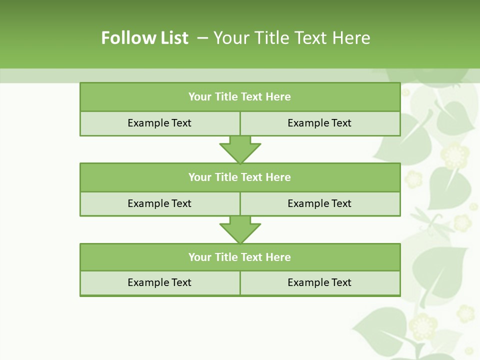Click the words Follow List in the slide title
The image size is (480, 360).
144,38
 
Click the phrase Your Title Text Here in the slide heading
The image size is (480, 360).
291,38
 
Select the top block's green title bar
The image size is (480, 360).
240,97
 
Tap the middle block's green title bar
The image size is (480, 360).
240,177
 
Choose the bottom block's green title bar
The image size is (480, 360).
240,257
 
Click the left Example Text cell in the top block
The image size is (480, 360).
159,123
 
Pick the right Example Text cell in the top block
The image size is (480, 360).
319,123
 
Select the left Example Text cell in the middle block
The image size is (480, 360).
159,203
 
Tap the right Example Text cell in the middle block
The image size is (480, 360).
319,203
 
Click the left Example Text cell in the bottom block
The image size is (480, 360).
159,282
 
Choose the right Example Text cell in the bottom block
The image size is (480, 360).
319,282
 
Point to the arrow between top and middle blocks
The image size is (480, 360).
240,149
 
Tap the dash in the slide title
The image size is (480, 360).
202,38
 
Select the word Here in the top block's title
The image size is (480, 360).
278,97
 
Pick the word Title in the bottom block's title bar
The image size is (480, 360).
226,257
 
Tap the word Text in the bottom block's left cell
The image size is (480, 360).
180,282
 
